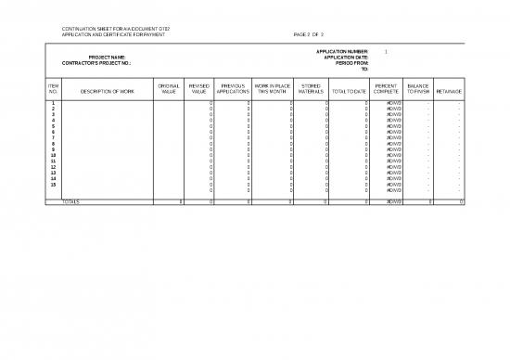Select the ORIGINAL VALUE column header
[x=169, y=90]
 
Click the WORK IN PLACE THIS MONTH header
[x=273, y=90]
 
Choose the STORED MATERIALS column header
[x=312, y=90]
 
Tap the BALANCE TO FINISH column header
[x=417, y=90]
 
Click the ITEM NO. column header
[x=53, y=90]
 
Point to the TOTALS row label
[x=71, y=201]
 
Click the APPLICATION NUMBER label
[x=342, y=51]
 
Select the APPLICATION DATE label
[x=346, y=58]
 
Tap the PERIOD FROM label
[x=351, y=63]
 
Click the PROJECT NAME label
[x=107, y=58]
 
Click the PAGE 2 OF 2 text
[x=308, y=34]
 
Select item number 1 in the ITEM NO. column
[x=53, y=103]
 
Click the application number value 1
[x=385, y=51]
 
